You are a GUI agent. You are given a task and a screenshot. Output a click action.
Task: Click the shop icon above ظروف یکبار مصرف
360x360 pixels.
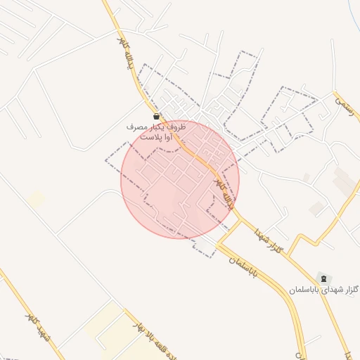point(156,117)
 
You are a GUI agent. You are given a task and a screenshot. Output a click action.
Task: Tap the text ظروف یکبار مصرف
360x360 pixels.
point(156,127)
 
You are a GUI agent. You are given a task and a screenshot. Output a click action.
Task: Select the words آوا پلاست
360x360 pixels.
point(156,137)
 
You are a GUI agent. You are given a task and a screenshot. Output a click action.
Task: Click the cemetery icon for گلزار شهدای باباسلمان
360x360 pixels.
point(323,278)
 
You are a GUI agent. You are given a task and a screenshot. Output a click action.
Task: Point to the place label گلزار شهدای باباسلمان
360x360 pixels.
point(323,289)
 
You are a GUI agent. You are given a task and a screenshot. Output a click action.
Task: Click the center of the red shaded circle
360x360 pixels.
point(180,179)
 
